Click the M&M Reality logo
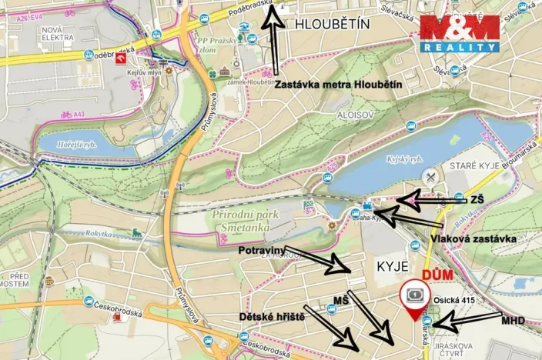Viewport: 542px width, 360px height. [x=460, y=33]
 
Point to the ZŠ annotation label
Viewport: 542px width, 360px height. [x=477, y=199]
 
